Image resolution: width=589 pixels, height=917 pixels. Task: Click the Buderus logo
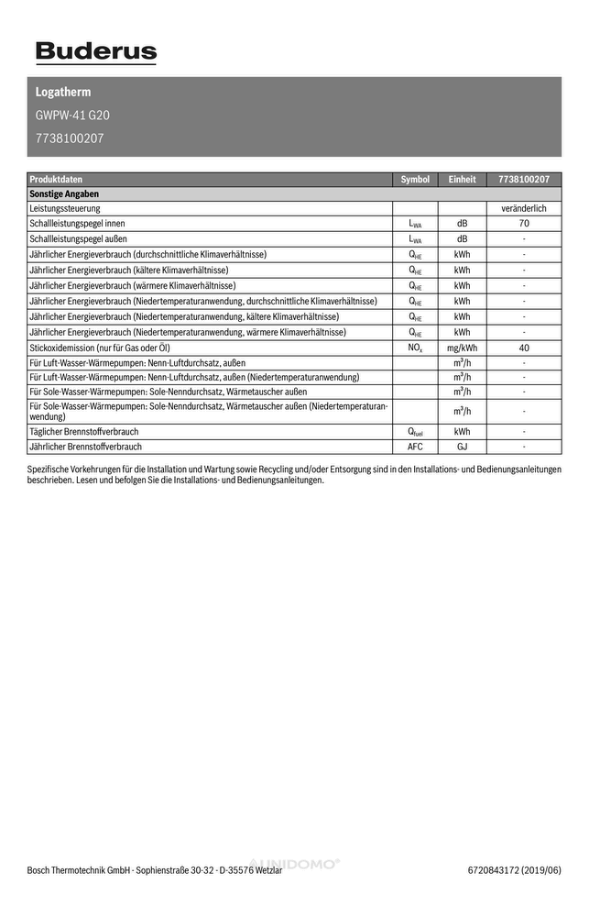pos(96,53)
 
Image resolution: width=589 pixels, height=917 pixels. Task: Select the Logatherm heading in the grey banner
pos(63,93)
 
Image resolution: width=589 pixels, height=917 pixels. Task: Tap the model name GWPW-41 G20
pos(72,116)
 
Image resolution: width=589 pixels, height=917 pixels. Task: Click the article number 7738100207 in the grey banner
pos(70,139)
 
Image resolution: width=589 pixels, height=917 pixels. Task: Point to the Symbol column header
pos(415,180)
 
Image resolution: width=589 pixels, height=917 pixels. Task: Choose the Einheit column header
pos(462,180)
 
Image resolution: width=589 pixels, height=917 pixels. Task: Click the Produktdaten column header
pos(56,180)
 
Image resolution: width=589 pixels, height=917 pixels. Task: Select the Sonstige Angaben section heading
pos(64,194)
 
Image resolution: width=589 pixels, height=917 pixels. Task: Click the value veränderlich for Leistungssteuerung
pos(524,209)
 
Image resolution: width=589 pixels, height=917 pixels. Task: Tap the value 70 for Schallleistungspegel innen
pos(524,224)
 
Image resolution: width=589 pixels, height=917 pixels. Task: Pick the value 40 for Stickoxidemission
pos(524,348)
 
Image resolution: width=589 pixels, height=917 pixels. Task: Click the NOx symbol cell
pos(415,348)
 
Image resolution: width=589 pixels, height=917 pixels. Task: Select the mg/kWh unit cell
pos(462,348)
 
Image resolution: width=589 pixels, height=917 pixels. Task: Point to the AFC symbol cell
pos(415,447)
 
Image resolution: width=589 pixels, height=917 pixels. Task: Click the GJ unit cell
pos(462,447)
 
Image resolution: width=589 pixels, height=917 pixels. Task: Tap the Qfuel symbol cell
pos(415,431)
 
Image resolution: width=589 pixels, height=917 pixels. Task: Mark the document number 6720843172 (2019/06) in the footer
pos(514,870)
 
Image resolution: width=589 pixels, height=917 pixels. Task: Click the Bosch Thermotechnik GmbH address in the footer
pos(154,870)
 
